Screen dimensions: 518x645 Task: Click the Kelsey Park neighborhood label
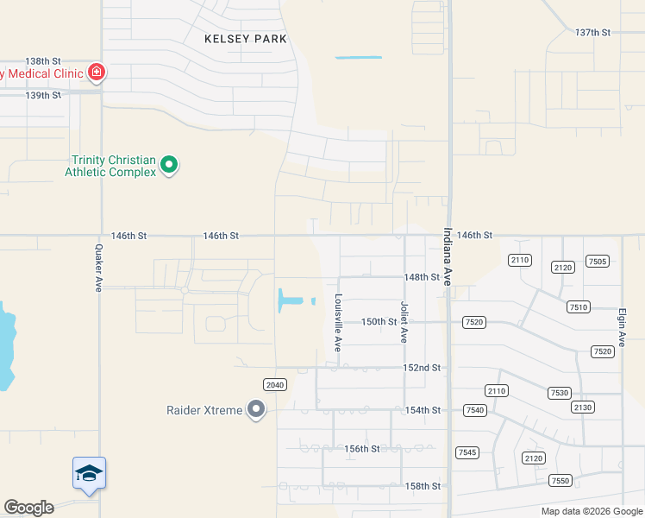click(246, 39)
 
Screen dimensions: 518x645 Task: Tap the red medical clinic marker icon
click(97, 72)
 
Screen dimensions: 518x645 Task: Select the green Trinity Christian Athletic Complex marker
click(170, 164)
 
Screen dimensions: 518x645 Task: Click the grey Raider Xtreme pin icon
click(256, 409)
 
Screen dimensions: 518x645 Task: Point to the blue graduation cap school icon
click(89, 473)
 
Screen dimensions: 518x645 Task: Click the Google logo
click(28, 508)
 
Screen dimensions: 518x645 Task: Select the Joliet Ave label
click(403, 322)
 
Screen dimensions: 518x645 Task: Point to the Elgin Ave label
click(622, 323)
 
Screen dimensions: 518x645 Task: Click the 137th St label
click(592, 32)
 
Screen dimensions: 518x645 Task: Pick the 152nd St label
click(423, 368)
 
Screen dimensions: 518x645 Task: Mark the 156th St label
click(362, 449)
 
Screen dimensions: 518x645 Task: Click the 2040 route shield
click(274, 383)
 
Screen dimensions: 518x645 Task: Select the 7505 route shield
click(597, 262)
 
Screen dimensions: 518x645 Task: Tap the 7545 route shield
click(467, 452)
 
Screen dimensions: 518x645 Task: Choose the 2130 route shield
click(583, 407)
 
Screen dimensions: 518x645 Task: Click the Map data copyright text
click(592, 511)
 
